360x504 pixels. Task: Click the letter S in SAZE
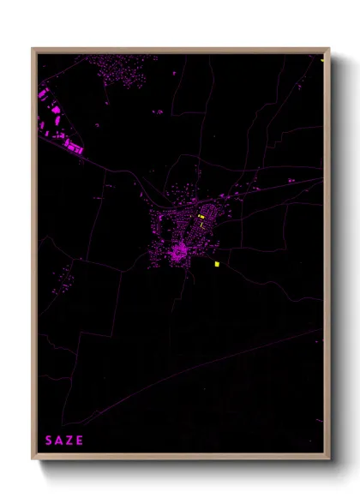pos(49,441)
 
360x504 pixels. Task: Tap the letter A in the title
pos(59,441)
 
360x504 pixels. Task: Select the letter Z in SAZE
pos(69,441)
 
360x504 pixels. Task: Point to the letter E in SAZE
pos(81,441)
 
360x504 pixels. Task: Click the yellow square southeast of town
pos(218,263)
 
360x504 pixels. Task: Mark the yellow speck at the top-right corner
pos(322,59)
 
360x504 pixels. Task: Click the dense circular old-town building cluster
pos(179,252)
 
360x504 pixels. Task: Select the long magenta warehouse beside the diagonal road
pos(75,149)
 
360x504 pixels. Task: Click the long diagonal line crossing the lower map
pos(214,360)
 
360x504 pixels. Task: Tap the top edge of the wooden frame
pos(180,51)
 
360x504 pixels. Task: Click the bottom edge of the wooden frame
pos(180,458)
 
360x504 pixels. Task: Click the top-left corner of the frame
pos(34,51)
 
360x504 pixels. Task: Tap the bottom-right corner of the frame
pos(327,458)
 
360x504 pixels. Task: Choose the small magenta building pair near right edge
pos(292,181)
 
